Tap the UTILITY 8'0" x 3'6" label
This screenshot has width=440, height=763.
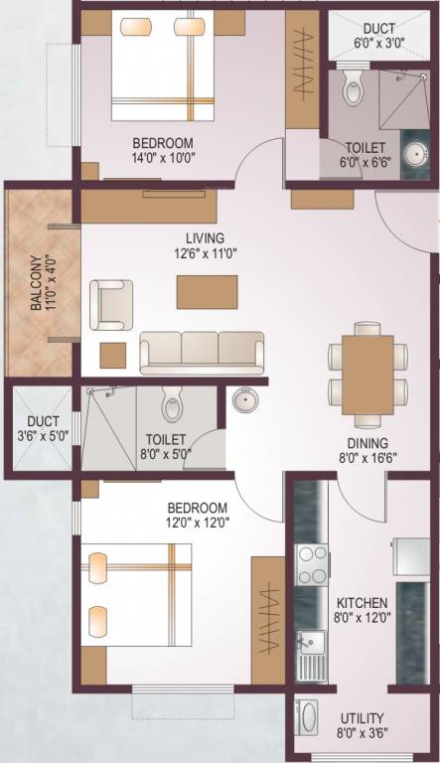coord(362,725)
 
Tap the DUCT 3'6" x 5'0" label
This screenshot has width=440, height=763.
coord(36,427)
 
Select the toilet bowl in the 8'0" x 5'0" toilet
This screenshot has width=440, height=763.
coord(172,406)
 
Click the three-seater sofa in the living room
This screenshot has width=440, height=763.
coord(202,352)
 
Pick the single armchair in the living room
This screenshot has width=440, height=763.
coord(110,304)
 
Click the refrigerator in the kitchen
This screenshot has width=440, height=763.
coord(410,556)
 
